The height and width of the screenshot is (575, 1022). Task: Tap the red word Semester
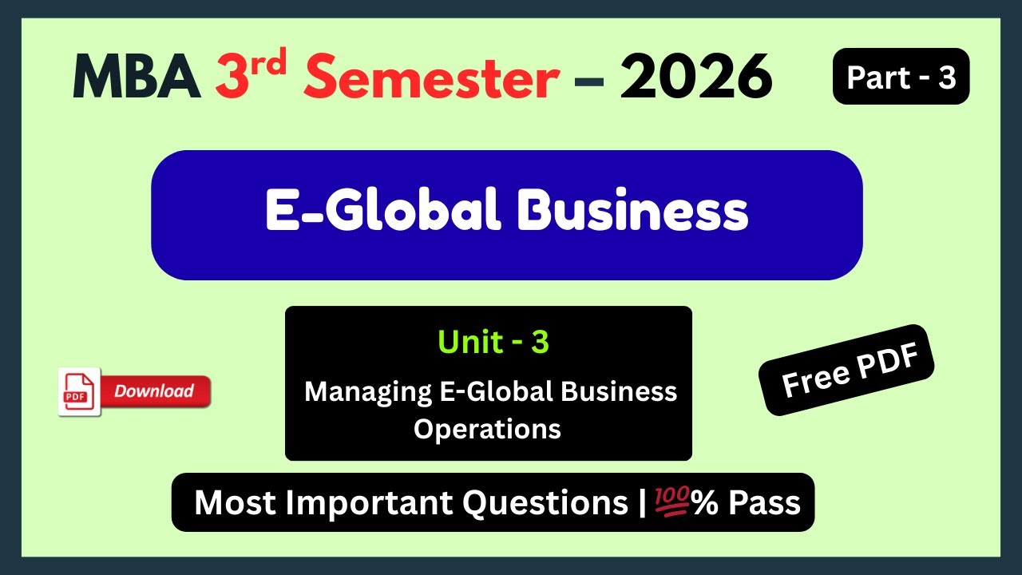[431, 77]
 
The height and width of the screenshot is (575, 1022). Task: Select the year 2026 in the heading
[696, 77]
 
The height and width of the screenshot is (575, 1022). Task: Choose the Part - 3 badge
[901, 77]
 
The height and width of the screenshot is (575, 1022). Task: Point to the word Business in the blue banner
[632, 212]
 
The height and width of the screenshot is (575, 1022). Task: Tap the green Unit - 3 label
[493, 342]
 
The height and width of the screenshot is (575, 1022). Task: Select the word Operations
[487, 429]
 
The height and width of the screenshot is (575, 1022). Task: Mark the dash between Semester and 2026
[589, 80]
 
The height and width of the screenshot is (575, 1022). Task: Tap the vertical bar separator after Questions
[644, 503]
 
